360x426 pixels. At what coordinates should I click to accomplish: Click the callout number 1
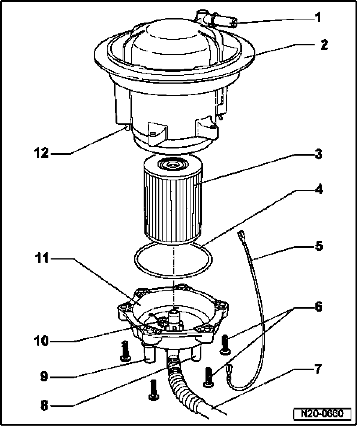[x=318, y=18]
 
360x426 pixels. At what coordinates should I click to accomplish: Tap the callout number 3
[x=318, y=154]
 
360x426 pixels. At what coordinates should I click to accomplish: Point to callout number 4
[x=318, y=189]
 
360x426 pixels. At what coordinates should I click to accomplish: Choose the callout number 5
[x=318, y=247]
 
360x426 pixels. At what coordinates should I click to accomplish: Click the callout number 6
[x=318, y=307]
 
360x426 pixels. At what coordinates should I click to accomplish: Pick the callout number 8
[x=45, y=405]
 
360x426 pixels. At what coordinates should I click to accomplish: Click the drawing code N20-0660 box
[x=322, y=414]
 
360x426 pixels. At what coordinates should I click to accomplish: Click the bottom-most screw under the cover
[x=153, y=390]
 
